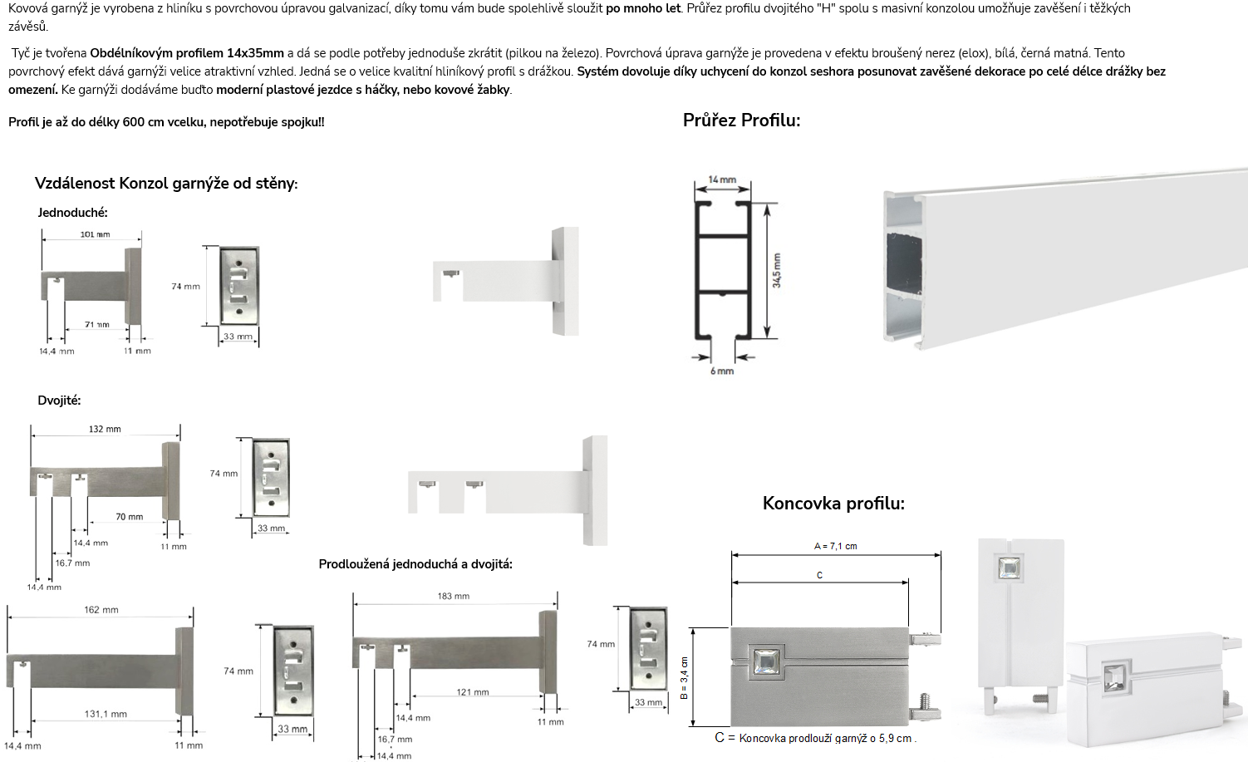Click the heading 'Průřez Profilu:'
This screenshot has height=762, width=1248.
741,120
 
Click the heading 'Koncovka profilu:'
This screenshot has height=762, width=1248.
833,504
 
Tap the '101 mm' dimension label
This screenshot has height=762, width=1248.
95,234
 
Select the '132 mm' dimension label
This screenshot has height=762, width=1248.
105,429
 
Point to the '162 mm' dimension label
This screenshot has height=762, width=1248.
101,610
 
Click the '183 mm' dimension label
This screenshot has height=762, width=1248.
454,596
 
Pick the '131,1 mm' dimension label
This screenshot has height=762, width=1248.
106,714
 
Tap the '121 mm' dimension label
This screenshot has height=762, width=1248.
473,692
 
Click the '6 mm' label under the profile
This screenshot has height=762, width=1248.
722,371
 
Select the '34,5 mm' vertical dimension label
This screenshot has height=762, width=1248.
776,271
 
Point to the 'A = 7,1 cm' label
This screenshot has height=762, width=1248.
835,546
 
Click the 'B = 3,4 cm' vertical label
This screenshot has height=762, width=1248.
685,678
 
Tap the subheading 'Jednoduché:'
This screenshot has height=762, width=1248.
73,213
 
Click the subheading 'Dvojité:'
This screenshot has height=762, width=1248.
59,401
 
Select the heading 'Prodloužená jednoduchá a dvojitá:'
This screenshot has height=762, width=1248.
415,564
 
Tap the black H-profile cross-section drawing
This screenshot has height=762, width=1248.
722,270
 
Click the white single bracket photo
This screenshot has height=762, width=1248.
506,281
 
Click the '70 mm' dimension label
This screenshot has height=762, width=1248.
130,517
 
